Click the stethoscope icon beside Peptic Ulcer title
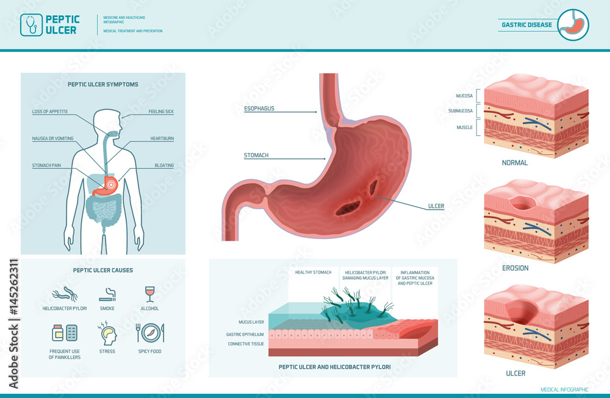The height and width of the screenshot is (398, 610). tap(30, 25)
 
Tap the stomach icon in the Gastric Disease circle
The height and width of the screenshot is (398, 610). tap(574, 25)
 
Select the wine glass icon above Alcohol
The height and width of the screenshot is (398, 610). tap(149, 294)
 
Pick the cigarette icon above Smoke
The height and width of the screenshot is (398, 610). tap(107, 295)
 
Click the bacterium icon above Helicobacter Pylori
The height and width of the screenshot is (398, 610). tap(65, 295)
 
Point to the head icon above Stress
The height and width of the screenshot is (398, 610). tap(107, 333)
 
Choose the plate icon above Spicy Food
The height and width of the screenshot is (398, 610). tap(149, 333)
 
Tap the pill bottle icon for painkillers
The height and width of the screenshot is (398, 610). tap(59, 333)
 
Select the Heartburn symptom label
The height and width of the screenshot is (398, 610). tap(162, 138)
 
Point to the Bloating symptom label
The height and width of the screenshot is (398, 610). tap(164, 165)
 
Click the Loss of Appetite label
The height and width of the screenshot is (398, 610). tap(50, 112)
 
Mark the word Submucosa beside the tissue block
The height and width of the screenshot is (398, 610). tap(461, 111)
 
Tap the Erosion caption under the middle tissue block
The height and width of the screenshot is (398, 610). tap(515, 268)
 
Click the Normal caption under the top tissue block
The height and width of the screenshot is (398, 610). tap(515, 163)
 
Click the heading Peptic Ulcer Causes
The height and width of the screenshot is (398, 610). tap(102, 270)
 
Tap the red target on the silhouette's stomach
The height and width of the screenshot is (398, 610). tap(111, 183)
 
